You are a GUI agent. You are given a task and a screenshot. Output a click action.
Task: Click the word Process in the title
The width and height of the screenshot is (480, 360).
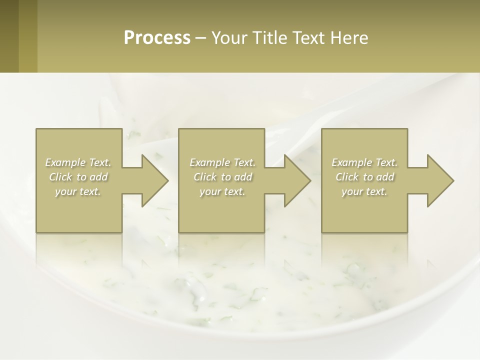(157, 38)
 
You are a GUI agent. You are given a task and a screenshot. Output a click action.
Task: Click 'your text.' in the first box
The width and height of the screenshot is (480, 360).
(78, 191)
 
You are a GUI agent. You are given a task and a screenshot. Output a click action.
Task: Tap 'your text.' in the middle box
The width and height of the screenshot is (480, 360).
(222, 191)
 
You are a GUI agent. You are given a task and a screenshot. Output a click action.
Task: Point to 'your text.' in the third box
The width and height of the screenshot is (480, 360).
(364, 191)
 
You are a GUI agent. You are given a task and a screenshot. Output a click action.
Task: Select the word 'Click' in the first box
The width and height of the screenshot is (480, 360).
(60, 177)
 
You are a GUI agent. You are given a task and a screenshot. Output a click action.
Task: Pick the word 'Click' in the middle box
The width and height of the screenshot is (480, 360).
(204, 177)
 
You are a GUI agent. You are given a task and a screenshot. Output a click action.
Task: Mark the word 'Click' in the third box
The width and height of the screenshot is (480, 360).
(346, 177)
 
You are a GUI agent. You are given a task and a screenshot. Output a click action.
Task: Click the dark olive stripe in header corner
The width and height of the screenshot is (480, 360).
(9, 36)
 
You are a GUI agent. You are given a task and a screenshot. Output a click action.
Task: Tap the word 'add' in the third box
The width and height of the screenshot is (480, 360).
(385, 177)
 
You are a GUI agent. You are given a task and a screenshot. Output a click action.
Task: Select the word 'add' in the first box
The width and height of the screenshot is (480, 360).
(98, 177)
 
